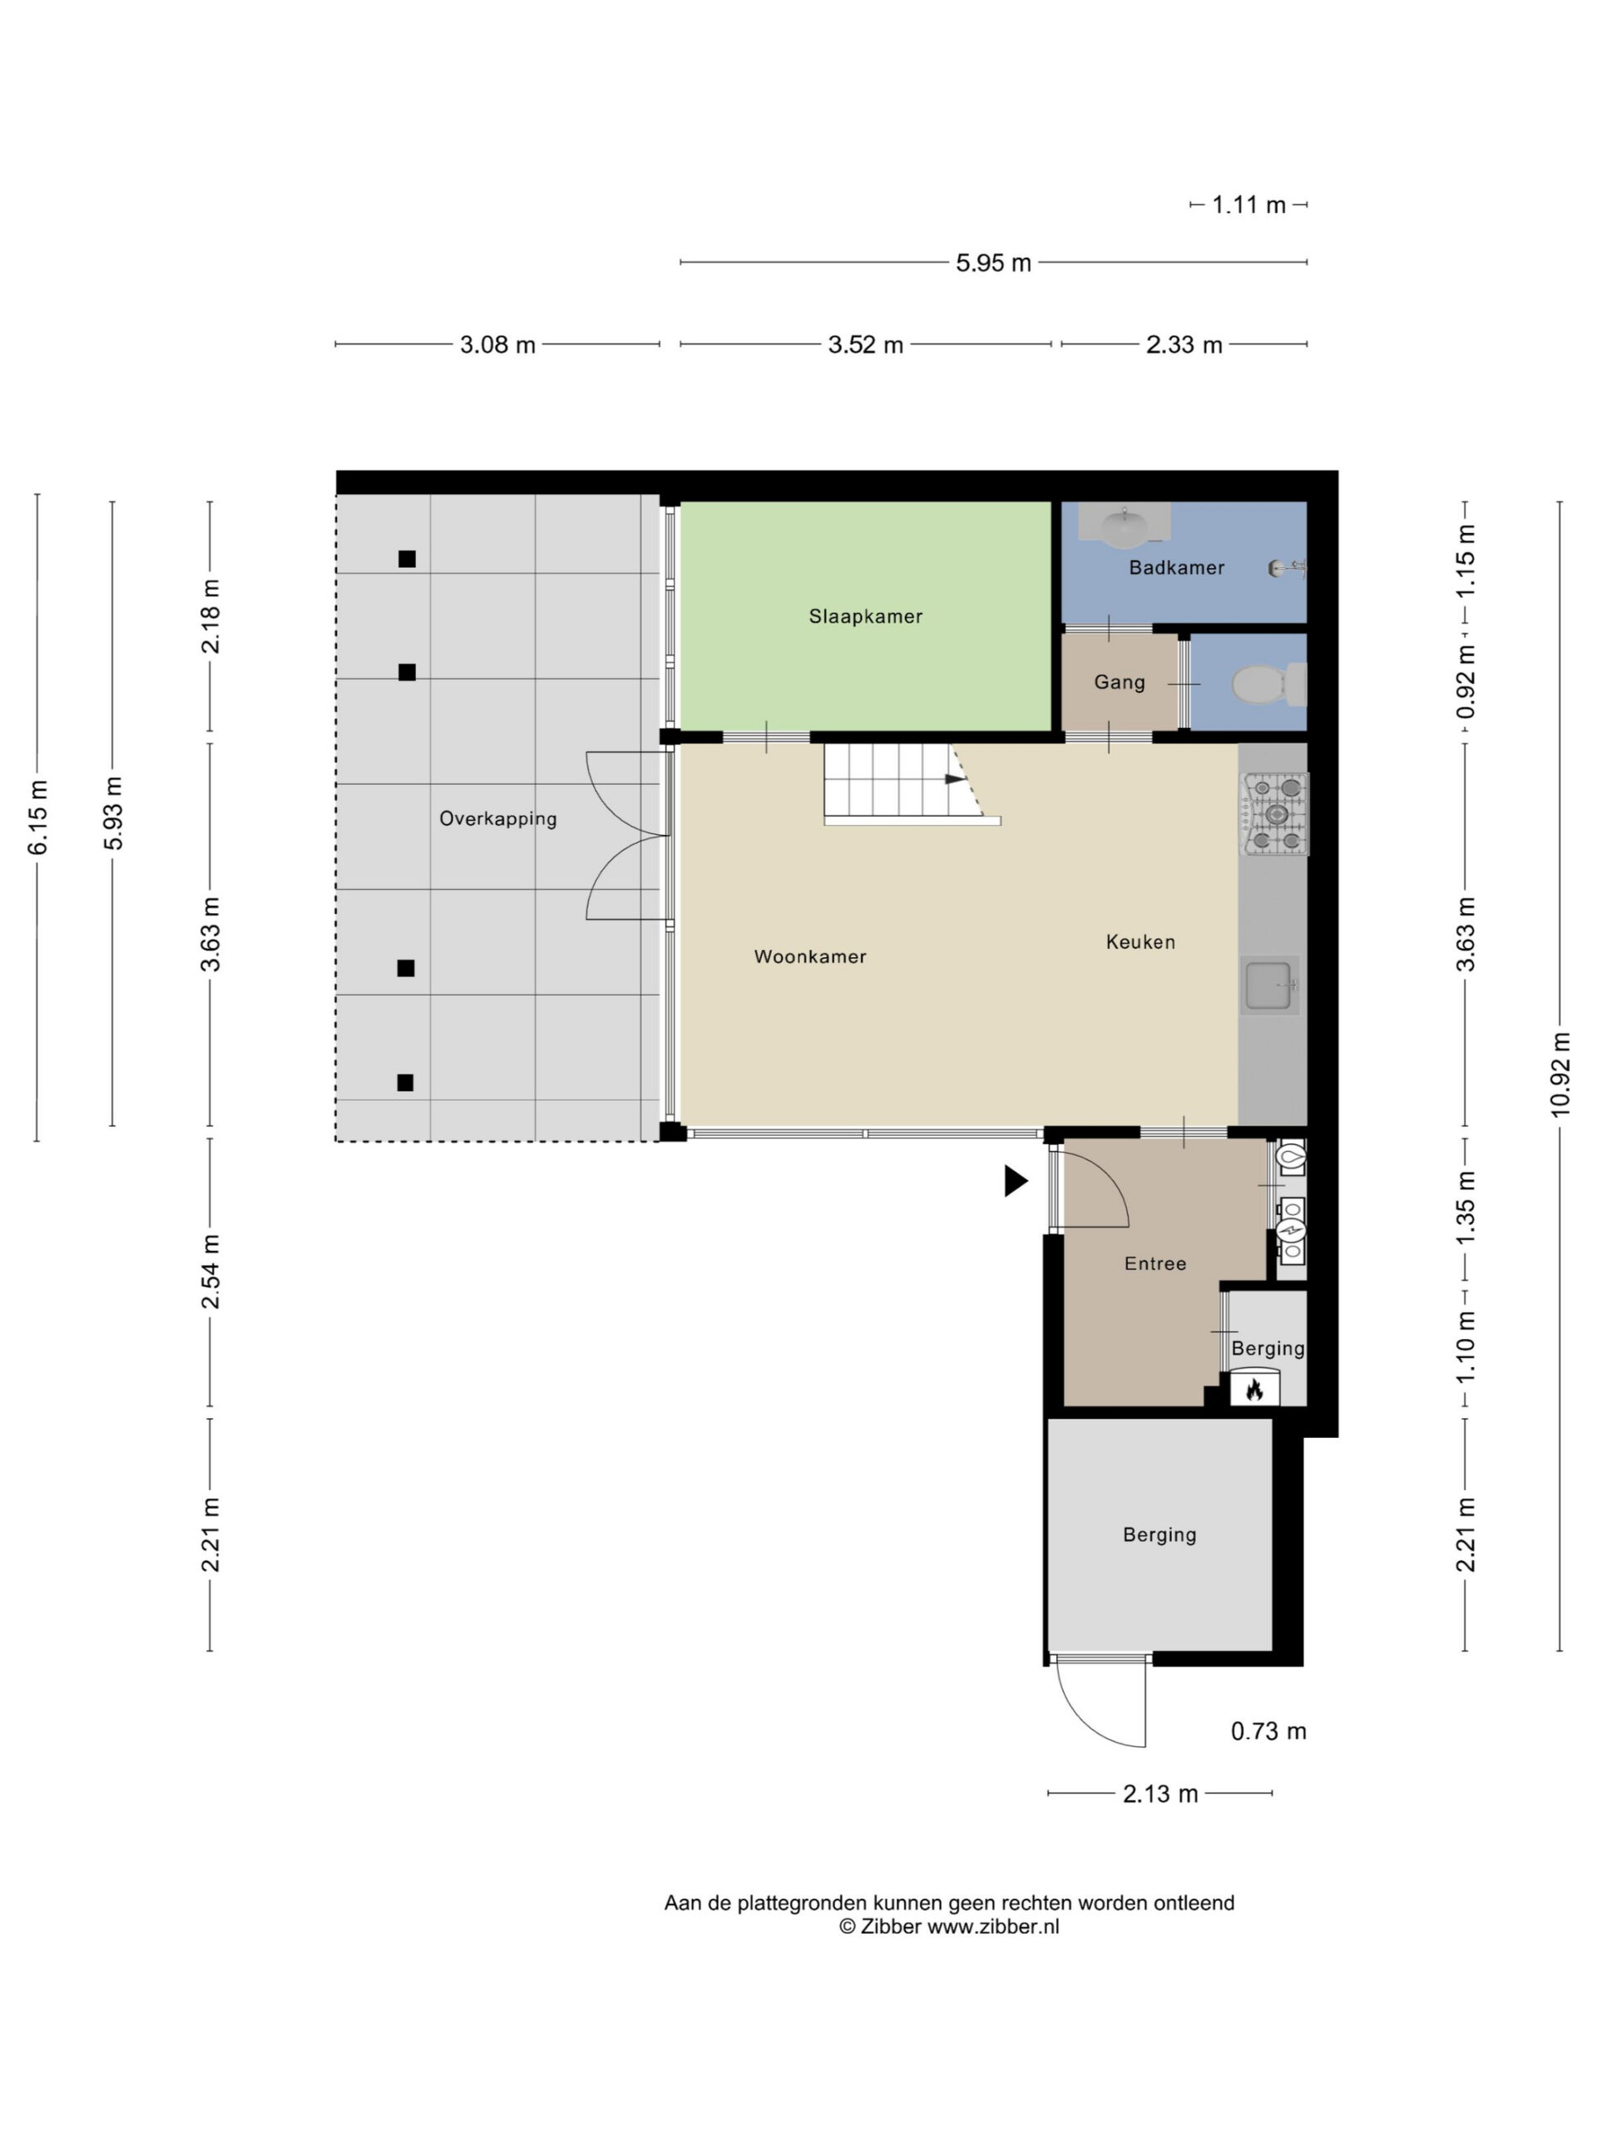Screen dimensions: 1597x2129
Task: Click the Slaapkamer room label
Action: [x=865, y=617]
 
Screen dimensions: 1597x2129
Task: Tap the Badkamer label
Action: [x=1176, y=568]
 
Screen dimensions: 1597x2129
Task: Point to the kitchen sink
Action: [x=1268, y=985]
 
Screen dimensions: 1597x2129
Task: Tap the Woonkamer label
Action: [x=810, y=956]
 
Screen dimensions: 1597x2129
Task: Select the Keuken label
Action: [x=1140, y=942]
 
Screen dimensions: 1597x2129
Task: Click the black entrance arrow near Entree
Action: [x=1016, y=1181]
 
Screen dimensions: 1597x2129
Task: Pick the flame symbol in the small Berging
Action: [x=1254, y=1389]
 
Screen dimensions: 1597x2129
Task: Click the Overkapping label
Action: [x=497, y=819]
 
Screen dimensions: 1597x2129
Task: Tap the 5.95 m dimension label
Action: [x=993, y=263]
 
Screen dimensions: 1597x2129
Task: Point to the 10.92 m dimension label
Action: [x=1560, y=1075]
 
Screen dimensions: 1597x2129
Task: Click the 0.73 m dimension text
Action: [x=1268, y=1731]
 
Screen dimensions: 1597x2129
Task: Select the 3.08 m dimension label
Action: [x=497, y=344]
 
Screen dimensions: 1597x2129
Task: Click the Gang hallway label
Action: [x=1120, y=683]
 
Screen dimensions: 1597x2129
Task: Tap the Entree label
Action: [x=1155, y=1264]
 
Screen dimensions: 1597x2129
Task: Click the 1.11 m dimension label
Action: [x=1248, y=205]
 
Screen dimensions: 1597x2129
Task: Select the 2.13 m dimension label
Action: [x=1160, y=1794]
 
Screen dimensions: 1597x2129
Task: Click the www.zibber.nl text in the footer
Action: [x=992, y=1926]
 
